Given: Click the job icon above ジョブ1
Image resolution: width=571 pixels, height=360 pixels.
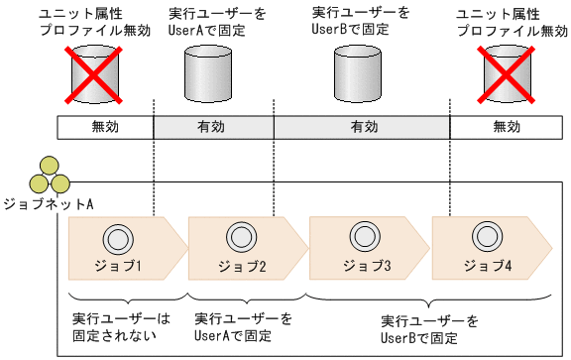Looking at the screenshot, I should [119, 238].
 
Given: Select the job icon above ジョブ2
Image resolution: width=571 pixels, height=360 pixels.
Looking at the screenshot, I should [239, 238].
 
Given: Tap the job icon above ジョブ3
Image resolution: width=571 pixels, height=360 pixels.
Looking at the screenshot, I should [360, 238].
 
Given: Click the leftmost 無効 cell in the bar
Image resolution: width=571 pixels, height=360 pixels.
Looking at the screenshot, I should [105, 128].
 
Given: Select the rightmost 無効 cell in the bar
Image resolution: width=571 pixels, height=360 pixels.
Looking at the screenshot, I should [506, 128].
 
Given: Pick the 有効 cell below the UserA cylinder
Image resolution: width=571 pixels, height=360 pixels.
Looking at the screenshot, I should [213, 128].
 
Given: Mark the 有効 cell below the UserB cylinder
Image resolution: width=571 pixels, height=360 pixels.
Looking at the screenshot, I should [362, 128].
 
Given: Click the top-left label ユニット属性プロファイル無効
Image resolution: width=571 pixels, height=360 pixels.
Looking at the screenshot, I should [82, 22].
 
